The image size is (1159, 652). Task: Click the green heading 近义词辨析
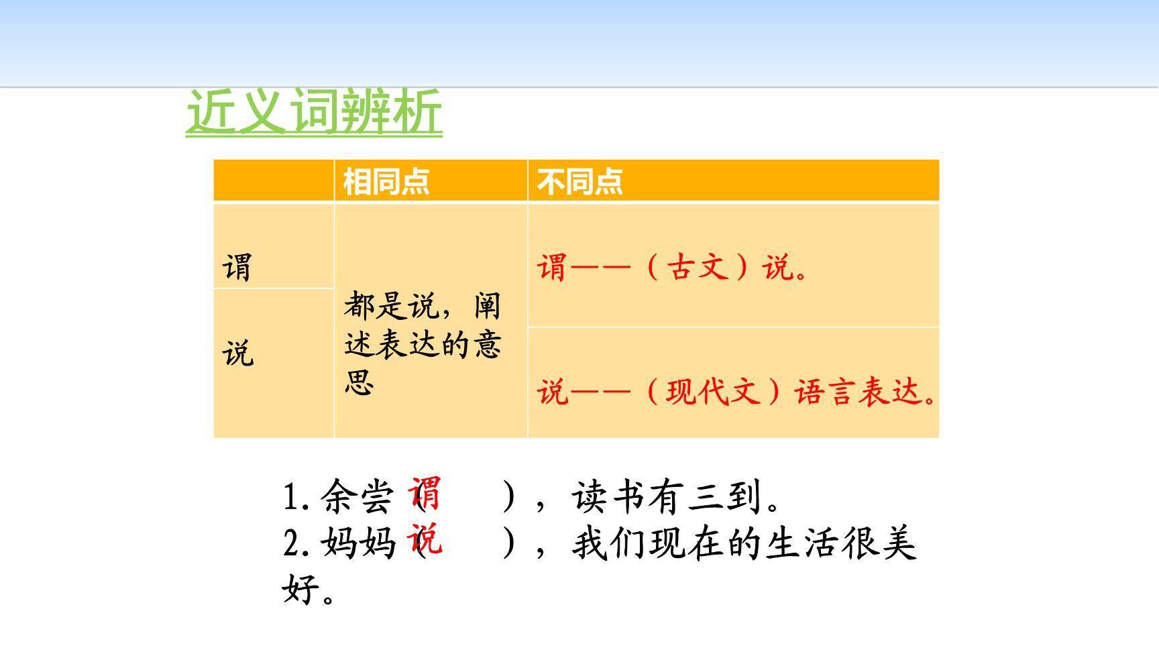coord(314,111)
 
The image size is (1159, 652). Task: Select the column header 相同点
coord(386,181)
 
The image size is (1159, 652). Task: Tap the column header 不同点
coord(579,181)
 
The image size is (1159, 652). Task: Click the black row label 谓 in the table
coord(237,267)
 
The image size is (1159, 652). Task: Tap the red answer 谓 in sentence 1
coord(425,493)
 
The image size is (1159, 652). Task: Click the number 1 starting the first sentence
coord(290,498)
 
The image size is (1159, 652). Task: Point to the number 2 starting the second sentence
coord(291,543)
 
